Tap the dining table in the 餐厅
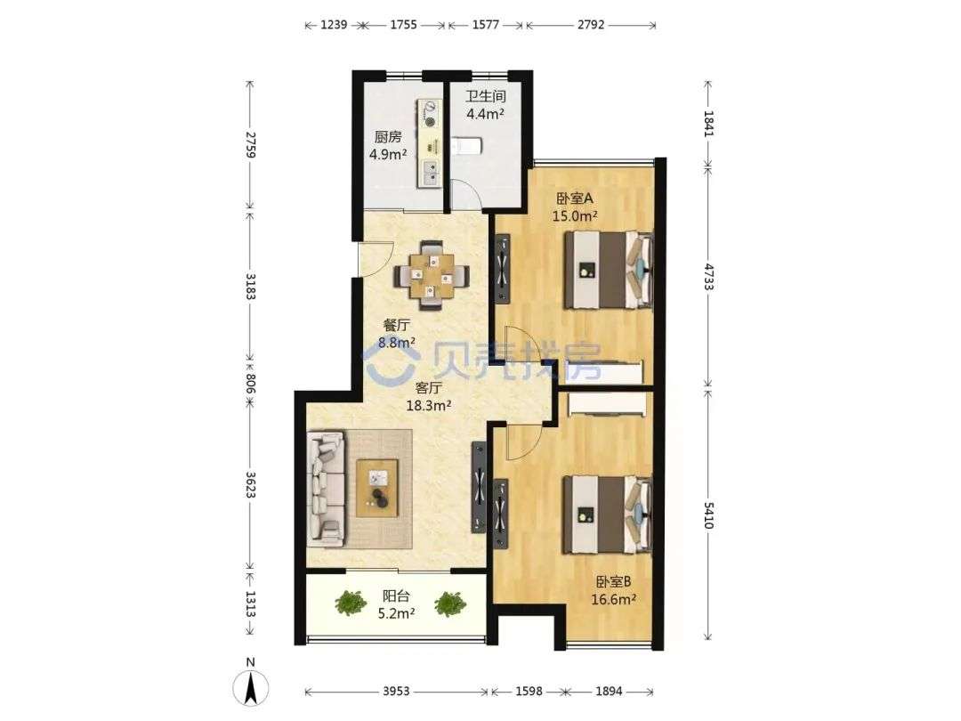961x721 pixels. [x=432, y=275]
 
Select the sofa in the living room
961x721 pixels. [x=326, y=488]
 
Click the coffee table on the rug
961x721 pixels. [x=377, y=488]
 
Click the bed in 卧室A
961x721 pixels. [x=609, y=270]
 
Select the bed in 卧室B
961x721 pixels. [x=608, y=515]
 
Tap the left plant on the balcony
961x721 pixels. [x=351, y=604]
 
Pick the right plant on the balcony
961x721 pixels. [x=450, y=604]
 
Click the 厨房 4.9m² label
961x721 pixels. [x=388, y=145]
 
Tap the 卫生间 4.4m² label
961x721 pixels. [x=486, y=105]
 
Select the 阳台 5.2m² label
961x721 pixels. [x=397, y=604]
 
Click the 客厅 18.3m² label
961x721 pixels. [x=429, y=396]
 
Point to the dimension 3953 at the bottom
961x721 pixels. [x=396, y=692]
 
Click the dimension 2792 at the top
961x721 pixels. [x=591, y=25]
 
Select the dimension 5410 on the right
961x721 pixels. [x=708, y=515]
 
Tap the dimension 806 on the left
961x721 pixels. [x=250, y=384]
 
